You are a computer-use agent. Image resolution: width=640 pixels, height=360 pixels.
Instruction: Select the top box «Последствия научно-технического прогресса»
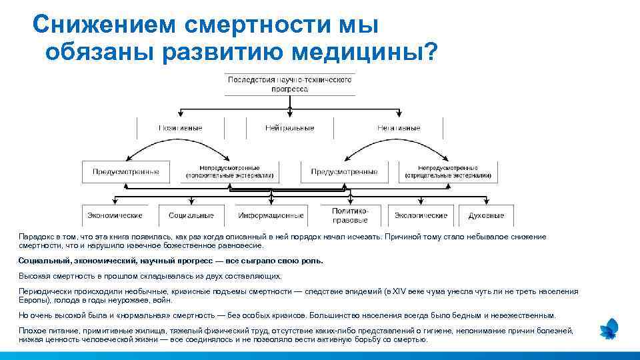[289, 84]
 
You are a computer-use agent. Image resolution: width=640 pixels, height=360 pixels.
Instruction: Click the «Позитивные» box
[180, 128]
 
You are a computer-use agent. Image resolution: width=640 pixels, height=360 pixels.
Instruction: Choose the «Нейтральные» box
[289, 128]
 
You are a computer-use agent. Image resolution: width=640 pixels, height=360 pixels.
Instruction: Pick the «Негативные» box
[399, 128]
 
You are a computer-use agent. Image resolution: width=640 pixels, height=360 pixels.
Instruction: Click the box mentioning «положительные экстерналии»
[229, 172]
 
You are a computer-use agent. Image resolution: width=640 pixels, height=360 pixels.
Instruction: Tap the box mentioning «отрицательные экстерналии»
[447, 172]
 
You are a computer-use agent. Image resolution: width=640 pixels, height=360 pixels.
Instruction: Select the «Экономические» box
[115, 215]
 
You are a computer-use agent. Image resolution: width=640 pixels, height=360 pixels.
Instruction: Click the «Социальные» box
[191, 215]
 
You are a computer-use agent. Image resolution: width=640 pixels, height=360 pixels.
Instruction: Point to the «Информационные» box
[271, 215]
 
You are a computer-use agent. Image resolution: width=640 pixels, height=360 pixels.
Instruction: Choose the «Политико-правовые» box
[350, 215]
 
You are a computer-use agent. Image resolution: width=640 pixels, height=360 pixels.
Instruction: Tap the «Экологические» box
[421, 215]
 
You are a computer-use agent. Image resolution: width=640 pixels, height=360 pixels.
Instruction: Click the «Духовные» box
[486, 215]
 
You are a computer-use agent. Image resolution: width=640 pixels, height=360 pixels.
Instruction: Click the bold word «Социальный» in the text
[41, 261]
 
